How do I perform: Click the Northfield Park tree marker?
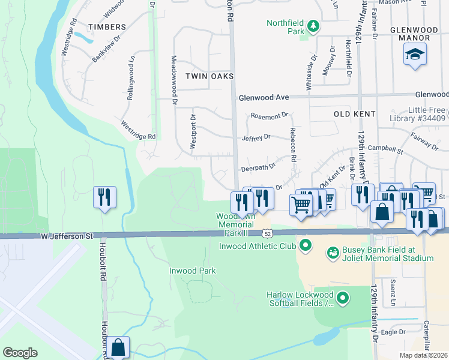[x=313, y=26]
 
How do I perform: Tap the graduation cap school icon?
[x=415, y=55]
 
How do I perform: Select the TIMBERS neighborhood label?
[x=107, y=27]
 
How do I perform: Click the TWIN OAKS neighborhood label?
[x=209, y=76]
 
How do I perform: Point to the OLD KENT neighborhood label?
[x=354, y=114]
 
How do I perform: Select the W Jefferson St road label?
[x=67, y=236]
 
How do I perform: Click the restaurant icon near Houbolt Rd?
[x=105, y=197]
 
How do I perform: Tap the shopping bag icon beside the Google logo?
[x=118, y=347]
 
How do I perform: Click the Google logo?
[x=20, y=353]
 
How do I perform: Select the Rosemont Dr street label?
[x=270, y=115]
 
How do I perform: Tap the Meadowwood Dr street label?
[x=174, y=81]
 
